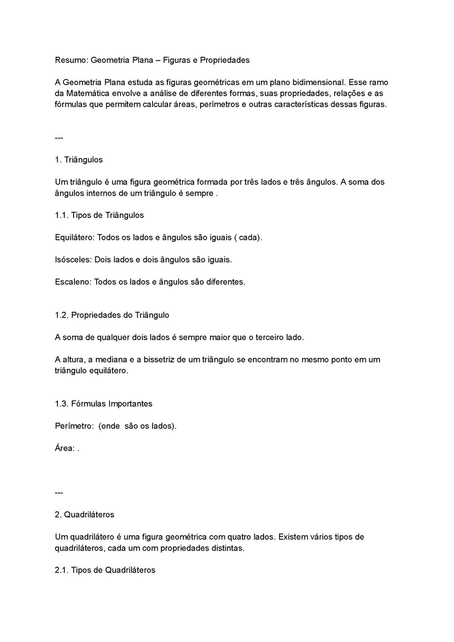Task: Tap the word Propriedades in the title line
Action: [224, 60]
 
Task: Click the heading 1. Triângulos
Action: [79, 160]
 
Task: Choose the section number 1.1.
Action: [61, 216]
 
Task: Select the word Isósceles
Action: [73, 260]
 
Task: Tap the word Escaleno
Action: [73, 282]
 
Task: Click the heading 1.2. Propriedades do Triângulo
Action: [112, 315]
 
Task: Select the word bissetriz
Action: [159, 360]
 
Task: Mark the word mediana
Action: [111, 360]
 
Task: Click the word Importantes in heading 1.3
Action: [130, 404]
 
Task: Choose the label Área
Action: [65, 448]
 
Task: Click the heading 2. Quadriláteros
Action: [84, 515]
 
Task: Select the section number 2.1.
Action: [61, 570]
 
